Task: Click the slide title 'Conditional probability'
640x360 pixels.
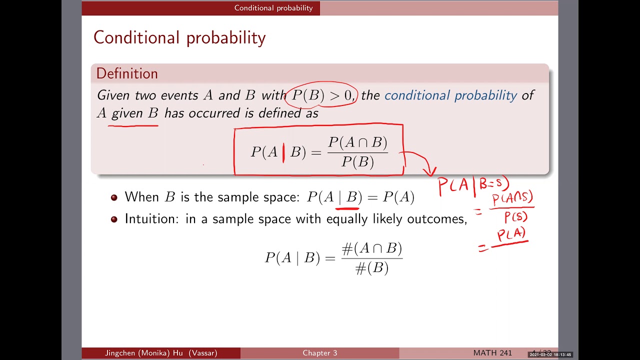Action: [179, 38]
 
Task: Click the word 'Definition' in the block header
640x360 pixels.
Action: [127, 73]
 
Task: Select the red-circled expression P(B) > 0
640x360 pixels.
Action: [321, 95]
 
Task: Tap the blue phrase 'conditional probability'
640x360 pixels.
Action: [450, 95]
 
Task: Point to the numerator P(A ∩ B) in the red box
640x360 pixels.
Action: [357, 143]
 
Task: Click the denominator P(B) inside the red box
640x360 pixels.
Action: [357, 162]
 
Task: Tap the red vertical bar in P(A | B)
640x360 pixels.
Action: [283, 152]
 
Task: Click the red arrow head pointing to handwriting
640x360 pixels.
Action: [429, 172]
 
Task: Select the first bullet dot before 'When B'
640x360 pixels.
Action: [114, 197]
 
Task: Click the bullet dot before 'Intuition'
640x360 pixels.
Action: [114, 219]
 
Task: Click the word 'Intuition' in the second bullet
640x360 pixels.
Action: [150, 219]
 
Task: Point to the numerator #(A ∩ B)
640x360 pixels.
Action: [371, 248]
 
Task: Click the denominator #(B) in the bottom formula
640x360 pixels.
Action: [371, 268]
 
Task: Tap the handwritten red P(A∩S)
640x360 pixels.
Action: [512, 199]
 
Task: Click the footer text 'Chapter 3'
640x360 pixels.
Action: [319, 353]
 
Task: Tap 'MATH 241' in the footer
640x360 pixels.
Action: [492, 353]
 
